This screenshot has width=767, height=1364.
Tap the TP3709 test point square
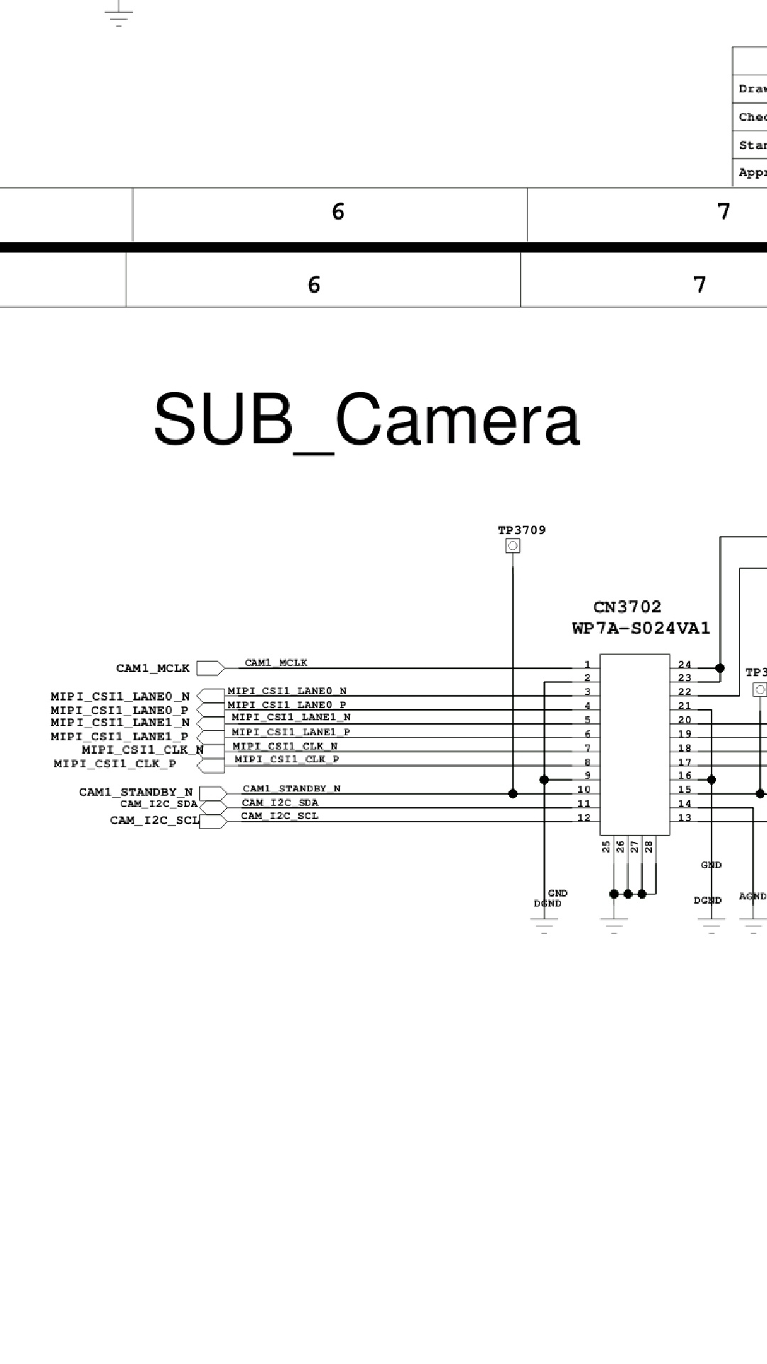tap(512, 546)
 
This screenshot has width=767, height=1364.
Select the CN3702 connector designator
tap(627, 607)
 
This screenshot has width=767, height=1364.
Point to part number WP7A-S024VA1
tap(641, 628)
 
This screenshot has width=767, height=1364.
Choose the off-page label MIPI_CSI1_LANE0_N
tap(120, 696)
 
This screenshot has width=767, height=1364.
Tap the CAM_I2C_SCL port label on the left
tap(154, 820)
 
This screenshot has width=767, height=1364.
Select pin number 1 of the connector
tap(587, 664)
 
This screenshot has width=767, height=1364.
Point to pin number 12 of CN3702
tap(584, 817)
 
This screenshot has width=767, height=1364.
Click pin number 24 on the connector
tap(685, 664)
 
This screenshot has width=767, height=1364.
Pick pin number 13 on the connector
tap(685, 817)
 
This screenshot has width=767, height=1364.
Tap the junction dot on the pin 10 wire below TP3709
tap(513, 793)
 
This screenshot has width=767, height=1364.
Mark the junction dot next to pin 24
tap(720, 668)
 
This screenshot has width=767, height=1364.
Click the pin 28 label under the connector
tap(648, 846)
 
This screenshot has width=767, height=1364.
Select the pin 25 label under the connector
tap(606, 846)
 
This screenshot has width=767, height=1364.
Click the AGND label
tap(752, 896)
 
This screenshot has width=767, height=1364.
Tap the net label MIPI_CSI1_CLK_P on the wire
tap(287, 759)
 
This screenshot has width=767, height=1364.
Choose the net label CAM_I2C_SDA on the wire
tap(280, 802)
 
